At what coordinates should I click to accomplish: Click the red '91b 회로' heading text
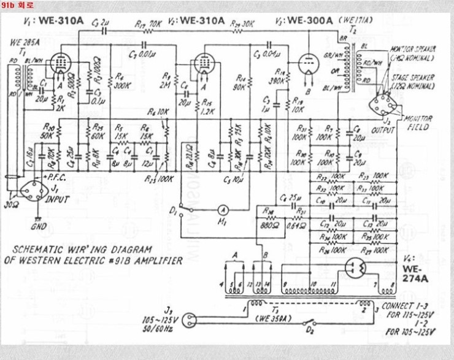pos(18,6)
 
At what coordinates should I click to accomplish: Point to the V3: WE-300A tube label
pos(305,20)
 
